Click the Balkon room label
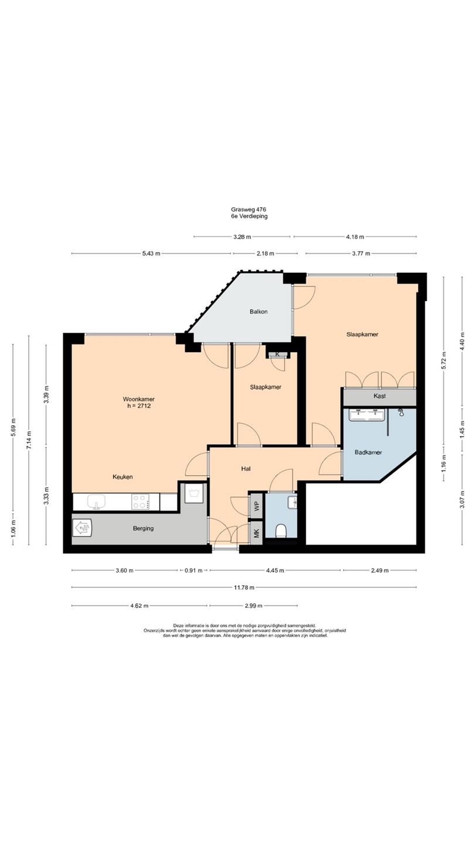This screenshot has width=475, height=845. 259,312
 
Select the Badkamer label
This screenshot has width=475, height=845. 368,452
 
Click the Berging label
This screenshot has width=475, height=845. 143,529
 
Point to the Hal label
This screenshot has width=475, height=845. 246,469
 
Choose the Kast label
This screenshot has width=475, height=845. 379,396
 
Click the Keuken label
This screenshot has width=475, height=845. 123,477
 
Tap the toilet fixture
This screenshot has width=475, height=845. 281,530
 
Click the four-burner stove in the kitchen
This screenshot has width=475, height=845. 140,502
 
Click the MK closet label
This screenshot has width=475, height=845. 257,533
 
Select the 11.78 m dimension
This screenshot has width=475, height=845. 244,587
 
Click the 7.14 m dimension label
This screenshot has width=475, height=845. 29,440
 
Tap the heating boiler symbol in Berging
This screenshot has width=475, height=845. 82,528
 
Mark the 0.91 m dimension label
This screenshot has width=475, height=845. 194,570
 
